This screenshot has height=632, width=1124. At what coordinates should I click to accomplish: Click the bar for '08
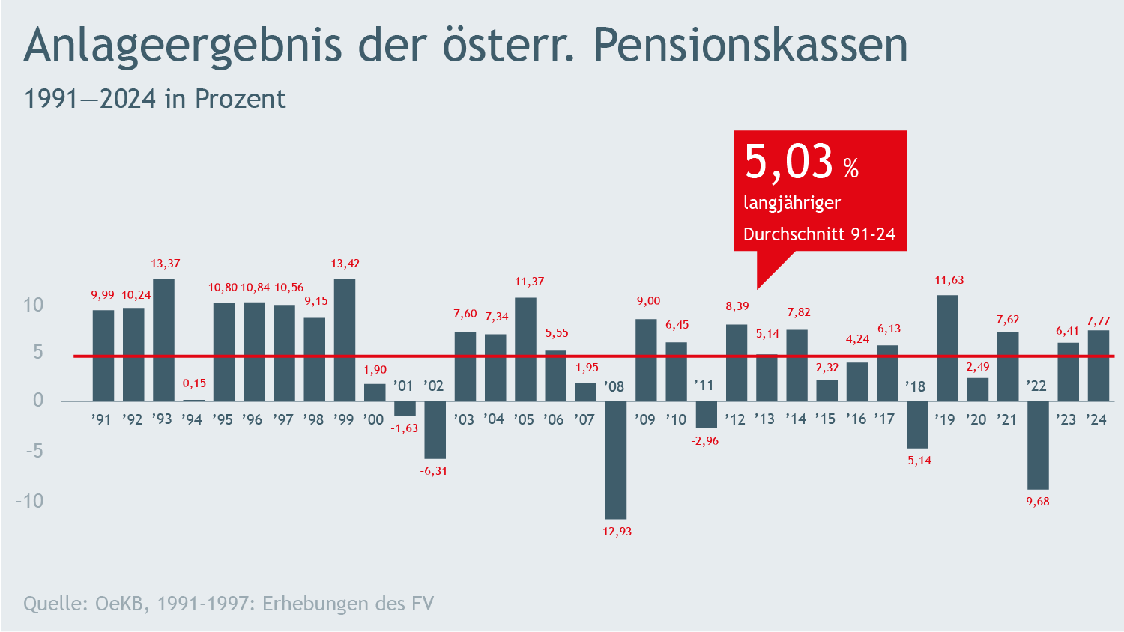coord(616,460)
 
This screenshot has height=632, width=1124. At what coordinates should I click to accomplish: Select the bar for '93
coord(163,340)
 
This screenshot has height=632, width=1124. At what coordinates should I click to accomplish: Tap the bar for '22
coord(1038,445)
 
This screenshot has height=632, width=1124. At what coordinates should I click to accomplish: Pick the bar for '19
coord(948,348)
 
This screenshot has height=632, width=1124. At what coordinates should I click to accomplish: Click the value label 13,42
coord(345,264)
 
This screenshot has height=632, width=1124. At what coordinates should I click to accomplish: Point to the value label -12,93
coord(614,532)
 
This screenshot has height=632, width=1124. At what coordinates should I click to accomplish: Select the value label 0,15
coord(194,383)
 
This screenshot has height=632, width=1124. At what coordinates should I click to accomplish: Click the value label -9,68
coord(1036,502)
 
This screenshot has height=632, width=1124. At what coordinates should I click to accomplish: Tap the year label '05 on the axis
coord(524,419)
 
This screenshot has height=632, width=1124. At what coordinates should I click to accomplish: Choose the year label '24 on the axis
coord(1096,419)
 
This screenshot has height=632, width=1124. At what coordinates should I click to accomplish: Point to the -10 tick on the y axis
coord(29,500)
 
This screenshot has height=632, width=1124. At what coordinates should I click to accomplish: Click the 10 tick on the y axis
coord(33,305)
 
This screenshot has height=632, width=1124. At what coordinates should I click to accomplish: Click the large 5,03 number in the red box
coord(788,162)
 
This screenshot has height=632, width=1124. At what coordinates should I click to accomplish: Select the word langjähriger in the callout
coord(791,203)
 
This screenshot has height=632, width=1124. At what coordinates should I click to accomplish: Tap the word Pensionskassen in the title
coord(750,45)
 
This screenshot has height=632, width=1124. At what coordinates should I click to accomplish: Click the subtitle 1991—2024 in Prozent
coord(154,99)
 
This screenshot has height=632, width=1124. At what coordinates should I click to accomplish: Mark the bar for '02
coord(435,430)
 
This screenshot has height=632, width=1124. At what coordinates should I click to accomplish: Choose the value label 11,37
coord(529,282)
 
